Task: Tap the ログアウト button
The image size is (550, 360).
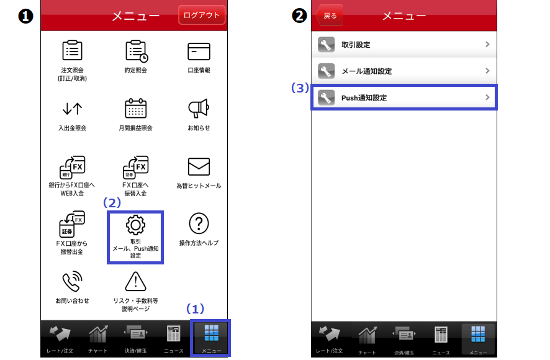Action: [x=202, y=15]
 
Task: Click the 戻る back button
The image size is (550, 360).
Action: [x=330, y=16]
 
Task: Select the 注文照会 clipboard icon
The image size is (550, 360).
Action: [x=72, y=50]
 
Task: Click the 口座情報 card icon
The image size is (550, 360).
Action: [x=199, y=52]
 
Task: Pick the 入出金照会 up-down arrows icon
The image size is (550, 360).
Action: [x=72, y=109]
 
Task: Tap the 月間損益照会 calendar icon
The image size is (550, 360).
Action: [x=136, y=108]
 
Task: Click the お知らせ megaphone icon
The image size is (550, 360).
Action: [x=199, y=108]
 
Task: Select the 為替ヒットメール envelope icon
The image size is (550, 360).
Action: [x=199, y=167]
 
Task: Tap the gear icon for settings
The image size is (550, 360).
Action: [x=135, y=225]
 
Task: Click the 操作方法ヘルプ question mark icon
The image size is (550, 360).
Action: [x=199, y=223]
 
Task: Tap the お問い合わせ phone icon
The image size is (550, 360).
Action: [x=72, y=281]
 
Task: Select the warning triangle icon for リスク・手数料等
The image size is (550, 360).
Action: [x=136, y=281]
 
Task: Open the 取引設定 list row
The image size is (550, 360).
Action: [x=404, y=45]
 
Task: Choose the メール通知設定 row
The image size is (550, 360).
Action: [x=404, y=71]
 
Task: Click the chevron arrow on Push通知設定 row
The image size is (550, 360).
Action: [x=487, y=97]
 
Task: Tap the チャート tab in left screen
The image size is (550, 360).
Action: [x=98, y=339]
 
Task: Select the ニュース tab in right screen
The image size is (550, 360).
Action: [x=441, y=340]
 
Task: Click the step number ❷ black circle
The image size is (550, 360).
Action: [x=300, y=16]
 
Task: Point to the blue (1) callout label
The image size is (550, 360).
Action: [x=195, y=308]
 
